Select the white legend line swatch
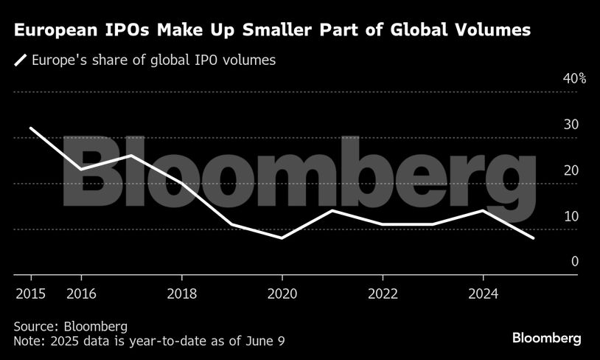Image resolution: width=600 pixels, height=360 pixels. [x=21, y=60]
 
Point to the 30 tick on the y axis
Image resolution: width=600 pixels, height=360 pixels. [x=571, y=125]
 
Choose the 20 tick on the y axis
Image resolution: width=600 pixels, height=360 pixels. [x=571, y=171]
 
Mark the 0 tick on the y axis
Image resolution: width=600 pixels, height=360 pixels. [x=574, y=262]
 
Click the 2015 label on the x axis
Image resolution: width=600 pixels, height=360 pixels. [x=30, y=294]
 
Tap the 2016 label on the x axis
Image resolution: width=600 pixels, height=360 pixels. [x=80, y=294]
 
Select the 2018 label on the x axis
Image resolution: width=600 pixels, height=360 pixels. [x=181, y=294]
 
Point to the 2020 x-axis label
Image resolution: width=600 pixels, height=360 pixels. [x=282, y=294]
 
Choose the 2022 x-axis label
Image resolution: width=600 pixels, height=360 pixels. [x=383, y=294]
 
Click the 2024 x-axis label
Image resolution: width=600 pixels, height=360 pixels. [x=483, y=294]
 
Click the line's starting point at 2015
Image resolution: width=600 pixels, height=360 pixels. [x=30, y=128]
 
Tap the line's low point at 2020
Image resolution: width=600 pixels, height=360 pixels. [x=282, y=238]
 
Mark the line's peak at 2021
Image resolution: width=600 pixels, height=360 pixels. [x=332, y=210]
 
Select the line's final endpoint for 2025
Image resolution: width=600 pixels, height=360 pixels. [x=534, y=238]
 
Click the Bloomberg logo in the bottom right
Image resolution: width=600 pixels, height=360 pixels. [x=547, y=339]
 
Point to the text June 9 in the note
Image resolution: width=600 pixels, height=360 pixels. [x=263, y=341]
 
